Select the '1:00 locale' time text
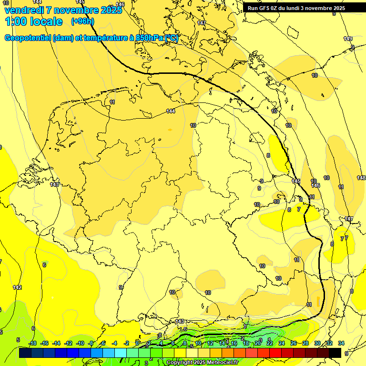[x=33, y=21]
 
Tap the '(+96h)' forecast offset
[x=82, y=21]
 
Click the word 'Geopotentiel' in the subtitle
[x=28, y=38]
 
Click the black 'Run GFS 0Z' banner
[x=296, y=8]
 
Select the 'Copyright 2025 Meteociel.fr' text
[x=202, y=363]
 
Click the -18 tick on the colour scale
[x=32, y=343]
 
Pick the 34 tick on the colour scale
[x=341, y=343]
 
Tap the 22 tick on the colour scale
[x=269, y=343]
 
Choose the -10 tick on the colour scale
[x=80, y=343]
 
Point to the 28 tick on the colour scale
[x=305, y=343]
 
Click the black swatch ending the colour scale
[x=335, y=353]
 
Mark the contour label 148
[x=361, y=178]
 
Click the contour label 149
[x=348, y=39]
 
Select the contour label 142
[x=18, y=287]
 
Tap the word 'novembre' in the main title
[x=75, y=10]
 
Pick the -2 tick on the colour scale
[x=126, y=343]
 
